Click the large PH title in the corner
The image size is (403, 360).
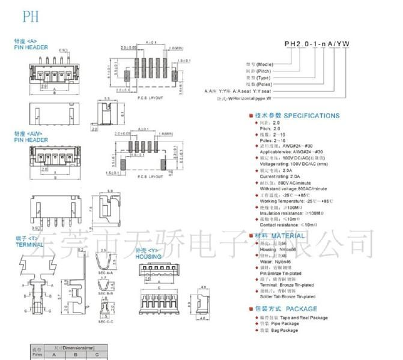(31, 17)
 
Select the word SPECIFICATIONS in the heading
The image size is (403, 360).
(312, 116)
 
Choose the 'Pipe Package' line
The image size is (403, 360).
(285, 324)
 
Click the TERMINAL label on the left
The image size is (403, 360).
(27, 245)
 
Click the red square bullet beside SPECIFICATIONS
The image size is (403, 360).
(250, 116)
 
